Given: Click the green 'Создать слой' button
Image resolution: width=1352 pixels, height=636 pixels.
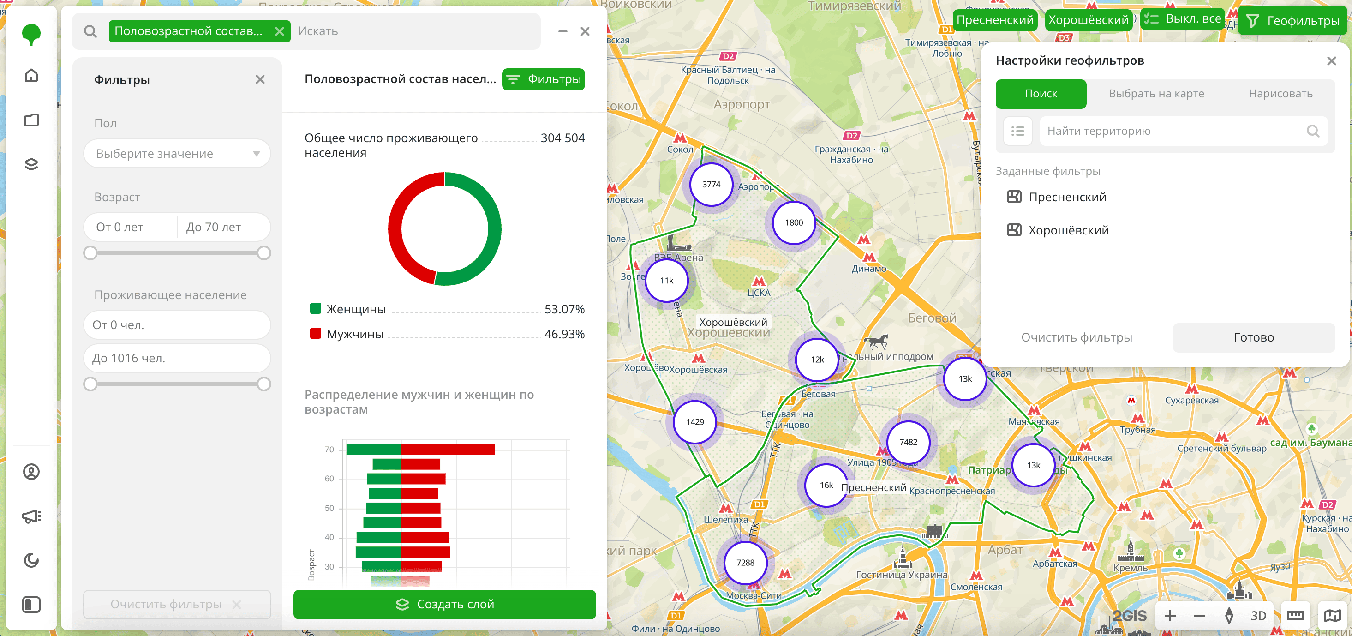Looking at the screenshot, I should pyautogui.click(x=444, y=604).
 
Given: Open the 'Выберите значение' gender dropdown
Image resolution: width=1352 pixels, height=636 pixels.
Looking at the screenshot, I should pyautogui.click(x=177, y=154).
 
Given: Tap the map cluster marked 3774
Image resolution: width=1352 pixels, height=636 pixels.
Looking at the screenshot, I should pyautogui.click(x=711, y=185).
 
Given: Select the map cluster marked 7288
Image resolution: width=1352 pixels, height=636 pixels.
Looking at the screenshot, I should pyautogui.click(x=745, y=563).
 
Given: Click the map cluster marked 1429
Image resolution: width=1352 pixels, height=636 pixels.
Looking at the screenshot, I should pyautogui.click(x=695, y=422).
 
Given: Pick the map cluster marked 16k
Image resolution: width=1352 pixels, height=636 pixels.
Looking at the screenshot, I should pyautogui.click(x=826, y=486).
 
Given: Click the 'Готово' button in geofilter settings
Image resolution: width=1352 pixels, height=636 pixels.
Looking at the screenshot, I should pyautogui.click(x=1253, y=337).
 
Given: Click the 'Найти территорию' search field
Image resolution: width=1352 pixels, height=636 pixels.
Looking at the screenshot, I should pyautogui.click(x=1176, y=131).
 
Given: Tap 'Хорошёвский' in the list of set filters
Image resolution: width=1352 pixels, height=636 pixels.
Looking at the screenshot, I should pyautogui.click(x=1068, y=230).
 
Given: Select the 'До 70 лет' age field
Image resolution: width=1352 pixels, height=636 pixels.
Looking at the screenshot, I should pyautogui.click(x=223, y=227).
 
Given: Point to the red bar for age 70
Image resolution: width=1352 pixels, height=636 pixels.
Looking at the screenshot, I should pyautogui.click(x=448, y=450).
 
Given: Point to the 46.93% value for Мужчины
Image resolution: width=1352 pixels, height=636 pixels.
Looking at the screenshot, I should pyautogui.click(x=564, y=334).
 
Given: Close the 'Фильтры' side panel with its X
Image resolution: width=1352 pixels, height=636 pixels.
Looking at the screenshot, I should pyautogui.click(x=260, y=80).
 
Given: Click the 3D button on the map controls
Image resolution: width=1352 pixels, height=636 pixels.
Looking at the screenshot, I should pyautogui.click(x=1258, y=616).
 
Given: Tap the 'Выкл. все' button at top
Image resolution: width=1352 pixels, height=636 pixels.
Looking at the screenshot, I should pyautogui.click(x=1183, y=19).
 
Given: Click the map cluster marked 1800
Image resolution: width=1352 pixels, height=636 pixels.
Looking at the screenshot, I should pyautogui.click(x=794, y=222).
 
